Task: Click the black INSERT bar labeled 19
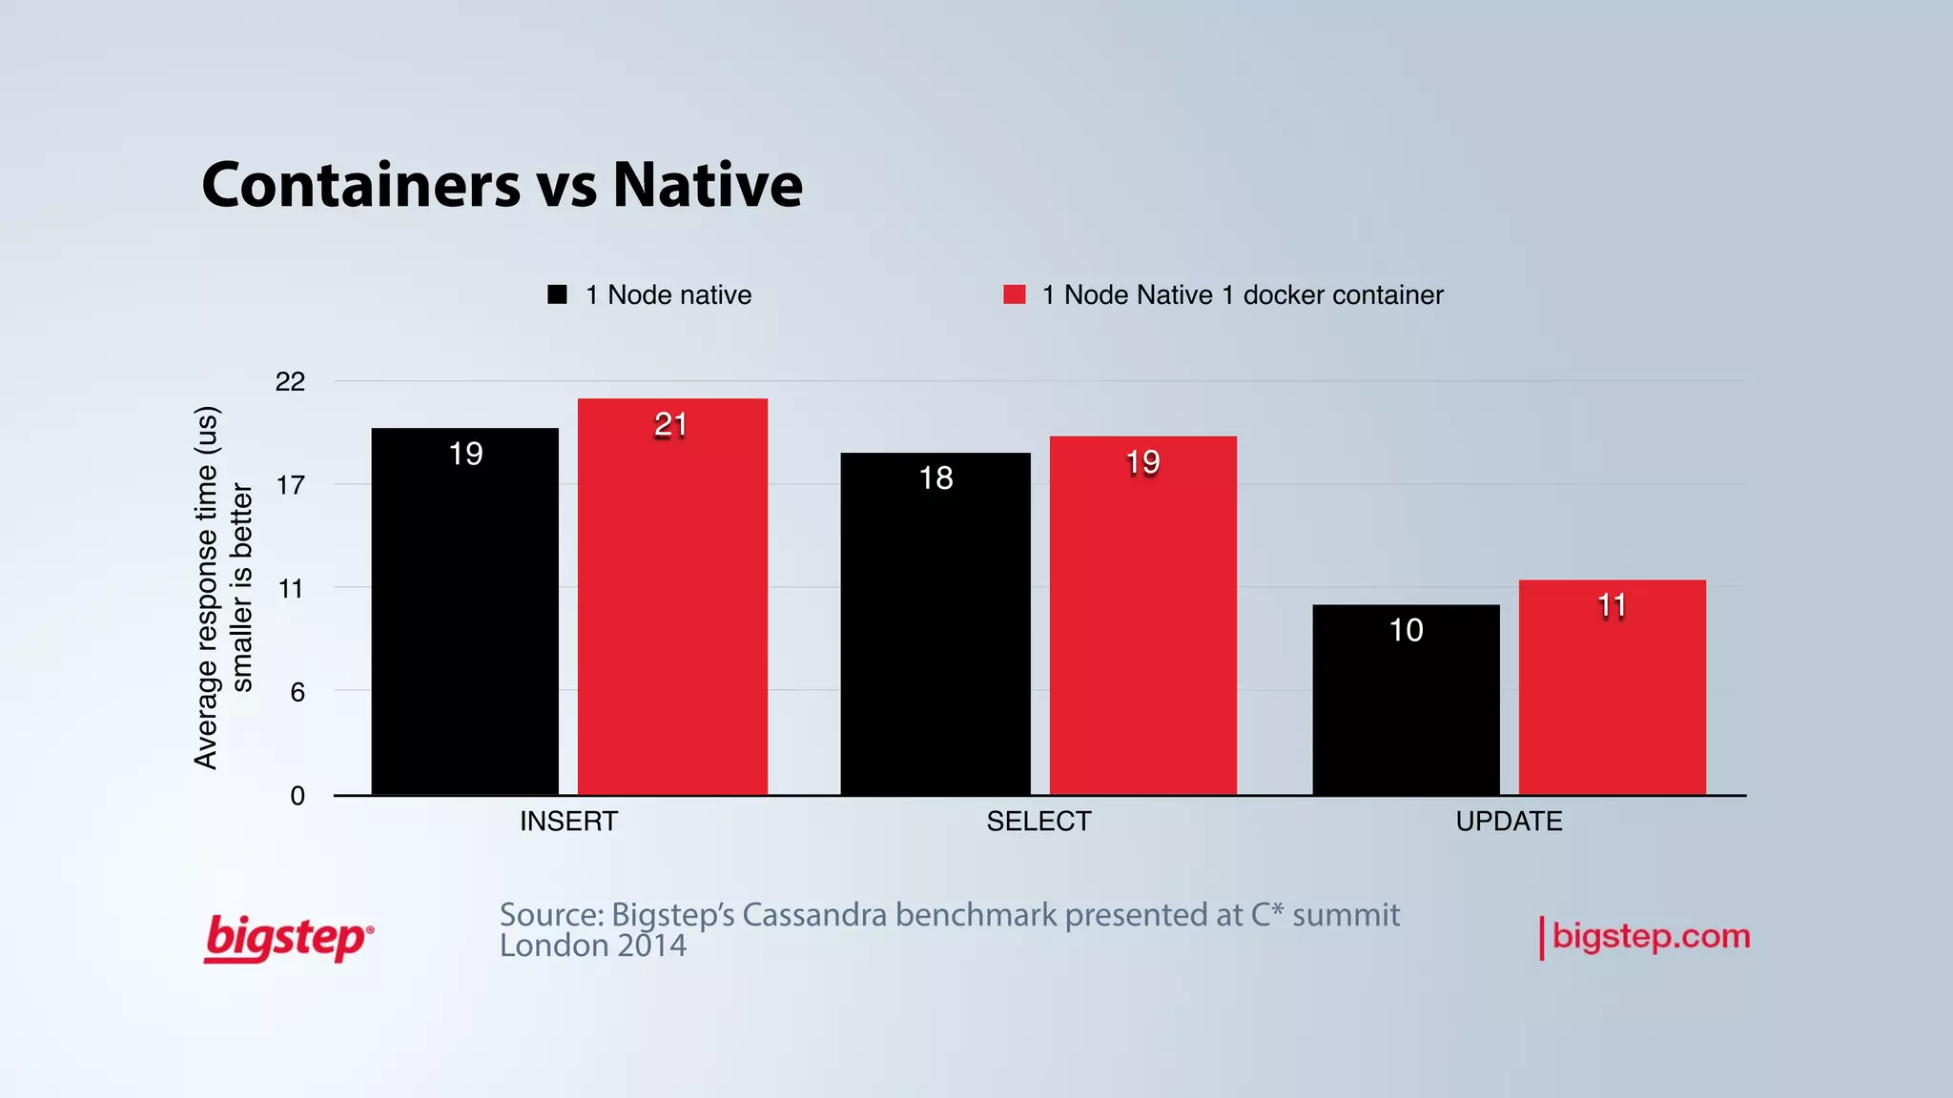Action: tap(465, 610)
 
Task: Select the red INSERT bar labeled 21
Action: tap(672, 596)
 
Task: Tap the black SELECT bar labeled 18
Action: tap(935, 623)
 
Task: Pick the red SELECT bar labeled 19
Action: tap(1142, 615)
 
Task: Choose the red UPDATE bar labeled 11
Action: tap(1612, 686)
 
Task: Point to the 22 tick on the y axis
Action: tap(290, 382)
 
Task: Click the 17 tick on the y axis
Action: tap(290, 486)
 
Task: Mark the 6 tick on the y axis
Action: tap(298, 692)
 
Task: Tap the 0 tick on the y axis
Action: tap(298, 796)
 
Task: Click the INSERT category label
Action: tap(568, 822)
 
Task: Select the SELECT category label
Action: tap(1038, 822)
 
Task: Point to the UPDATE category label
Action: tap(1509, 822)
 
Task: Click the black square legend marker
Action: tap(558, 295)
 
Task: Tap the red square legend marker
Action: tap(1015, 295)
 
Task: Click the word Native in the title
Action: tap(708, 184)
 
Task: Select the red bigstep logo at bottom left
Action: tap(288, 938)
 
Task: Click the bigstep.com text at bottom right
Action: tap(1651, 936)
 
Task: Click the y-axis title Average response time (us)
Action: tap(207, 587)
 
